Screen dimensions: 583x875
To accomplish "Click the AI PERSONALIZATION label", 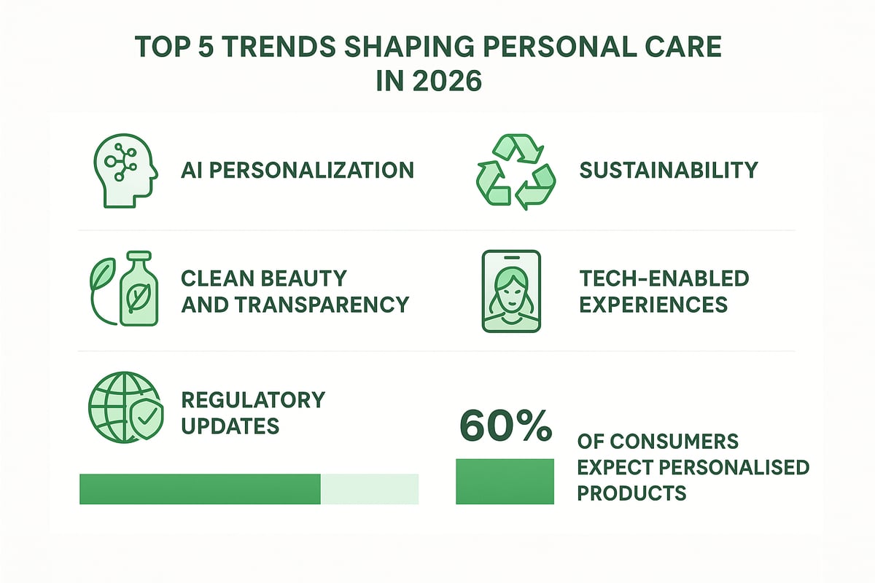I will (x=297, y=171).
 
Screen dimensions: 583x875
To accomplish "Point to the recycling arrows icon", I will (x=516, y=171).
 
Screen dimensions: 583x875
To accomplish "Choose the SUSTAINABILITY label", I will (x=669, y=171).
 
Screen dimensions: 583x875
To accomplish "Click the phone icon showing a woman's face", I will (x=511, y=291).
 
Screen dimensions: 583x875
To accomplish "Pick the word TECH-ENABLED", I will (x=664, y=278).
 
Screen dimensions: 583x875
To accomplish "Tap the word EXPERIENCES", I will (x=653, y=304).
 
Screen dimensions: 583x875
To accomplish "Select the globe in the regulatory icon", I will (x=112, y=403).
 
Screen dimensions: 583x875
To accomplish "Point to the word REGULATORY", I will (x=253, y=399).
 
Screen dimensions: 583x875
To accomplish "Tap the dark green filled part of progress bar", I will (x=200, y=488).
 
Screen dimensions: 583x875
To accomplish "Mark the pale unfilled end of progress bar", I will (x=370, y=488).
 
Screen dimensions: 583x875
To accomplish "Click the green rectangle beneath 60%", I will (x=505, y=481).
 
